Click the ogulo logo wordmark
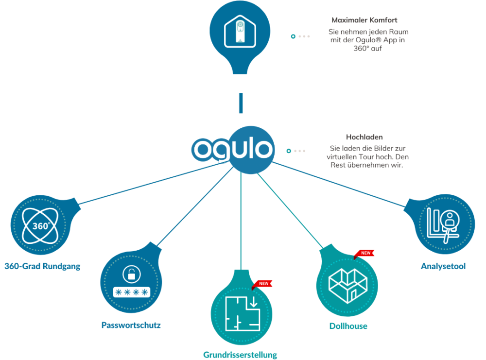(232, 149)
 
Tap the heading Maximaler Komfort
(364, 20)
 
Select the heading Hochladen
(364, 137)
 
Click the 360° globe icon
(41, 226)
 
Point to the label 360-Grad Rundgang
(42, 266)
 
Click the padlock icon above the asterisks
(130, 274)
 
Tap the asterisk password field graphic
(130, 291)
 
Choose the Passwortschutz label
(131, 325)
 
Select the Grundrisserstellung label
(240, 355)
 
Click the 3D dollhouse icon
(347, 283)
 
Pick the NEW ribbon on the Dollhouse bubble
(365, 253)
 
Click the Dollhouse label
(348, 326)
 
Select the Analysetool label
(443, 266)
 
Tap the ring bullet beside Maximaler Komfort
(293, 36)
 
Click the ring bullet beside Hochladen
(289, 151)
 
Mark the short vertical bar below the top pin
(241, 103)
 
